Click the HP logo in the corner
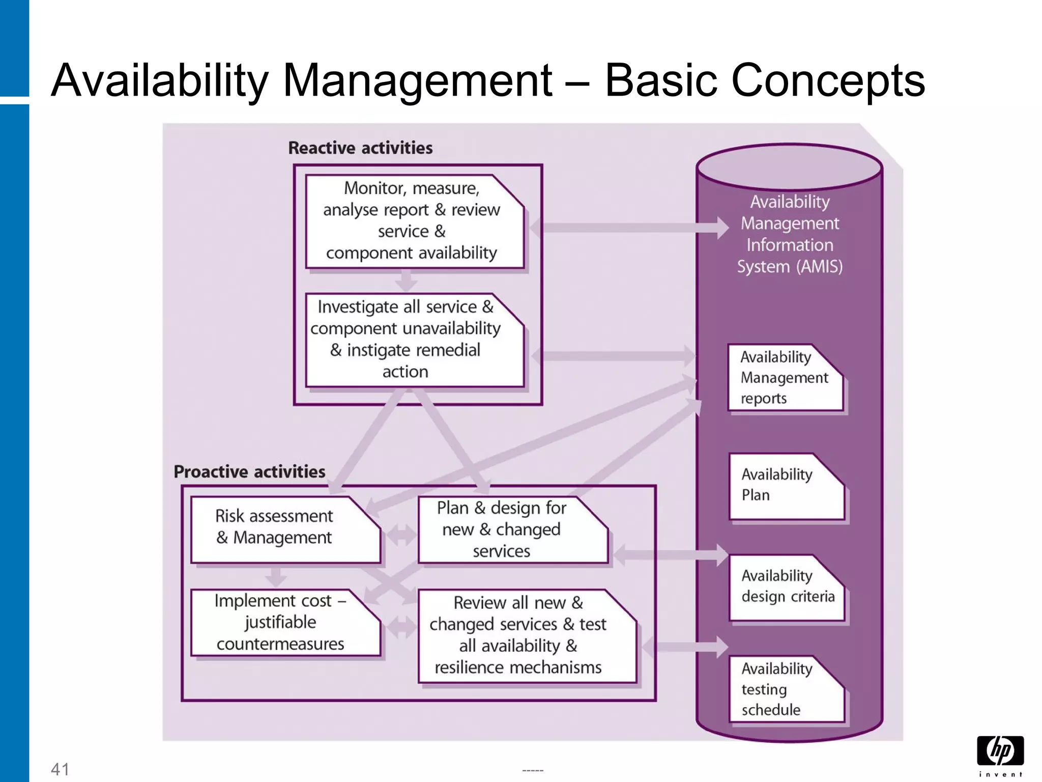point(1000,754)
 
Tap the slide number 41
point(60,769)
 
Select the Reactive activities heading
point(360,148)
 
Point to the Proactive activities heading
point(249,471)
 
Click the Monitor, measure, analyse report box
point(412,221)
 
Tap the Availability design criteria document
point(786,587)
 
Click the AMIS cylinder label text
point(790,234)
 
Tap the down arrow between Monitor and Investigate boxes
point(406,280)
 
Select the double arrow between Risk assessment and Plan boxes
point(401,535)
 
